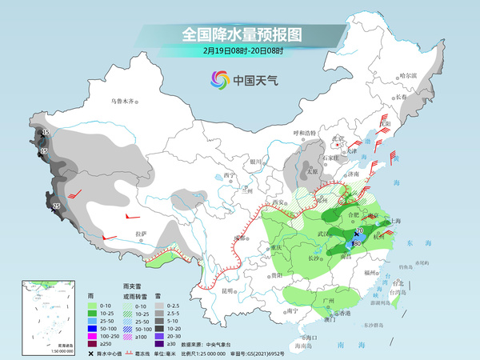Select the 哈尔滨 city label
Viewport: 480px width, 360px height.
click(409, 75)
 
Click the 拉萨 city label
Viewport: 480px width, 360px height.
click(141, 234)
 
